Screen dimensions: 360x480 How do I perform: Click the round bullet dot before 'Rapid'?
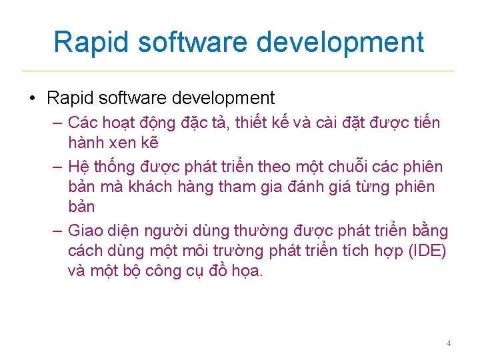[32, 99]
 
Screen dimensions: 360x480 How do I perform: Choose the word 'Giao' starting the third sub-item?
[85, 231]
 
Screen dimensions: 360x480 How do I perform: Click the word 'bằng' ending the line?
[429, 231]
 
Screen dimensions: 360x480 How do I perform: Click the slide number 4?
[449, 343]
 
